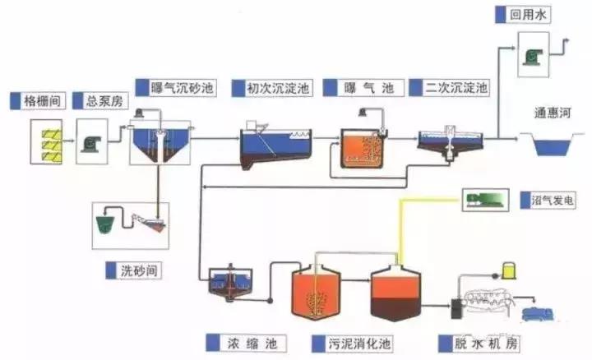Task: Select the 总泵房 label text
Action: point(102,101)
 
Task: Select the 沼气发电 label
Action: point(550,200)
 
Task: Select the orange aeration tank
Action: point(360,149)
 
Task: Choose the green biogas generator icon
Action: point(485,198)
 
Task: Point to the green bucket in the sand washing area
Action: point(108,224)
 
